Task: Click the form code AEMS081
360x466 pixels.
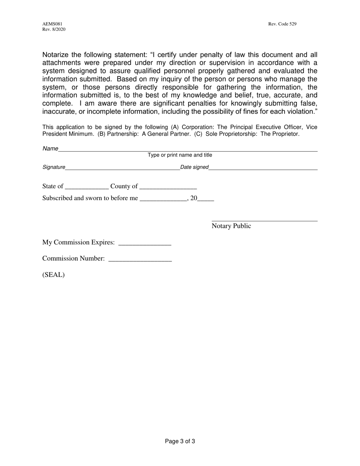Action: [52, 24]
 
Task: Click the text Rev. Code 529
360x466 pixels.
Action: [282, 24]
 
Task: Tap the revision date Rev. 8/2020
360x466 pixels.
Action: [54, 30]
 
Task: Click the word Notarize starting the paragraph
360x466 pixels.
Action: [57, 55]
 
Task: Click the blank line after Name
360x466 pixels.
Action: [188, 150]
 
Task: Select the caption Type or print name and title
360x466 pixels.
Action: [180, 155]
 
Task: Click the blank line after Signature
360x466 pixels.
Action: [122, 169]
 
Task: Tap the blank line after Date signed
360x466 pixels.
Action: [263, 169]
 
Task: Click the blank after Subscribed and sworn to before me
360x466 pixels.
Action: [163, 200]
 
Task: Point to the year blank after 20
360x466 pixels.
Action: [206, 200]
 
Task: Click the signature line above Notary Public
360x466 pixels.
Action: [265, 220]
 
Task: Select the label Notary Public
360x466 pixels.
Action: [231, 226]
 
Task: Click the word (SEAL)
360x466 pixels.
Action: [53, 275]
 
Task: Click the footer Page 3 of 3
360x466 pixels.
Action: [180, 441]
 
